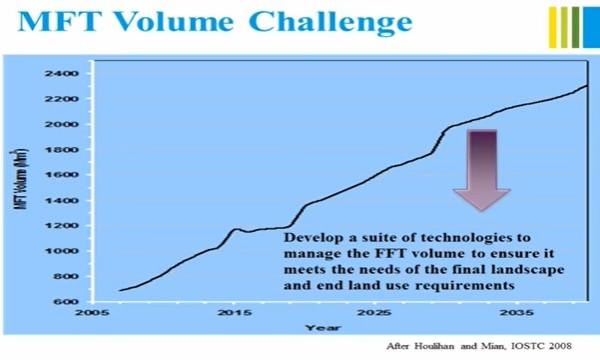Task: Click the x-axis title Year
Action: (319, 327)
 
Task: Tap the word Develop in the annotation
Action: (312, 240)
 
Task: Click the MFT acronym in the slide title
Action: (55, 22)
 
